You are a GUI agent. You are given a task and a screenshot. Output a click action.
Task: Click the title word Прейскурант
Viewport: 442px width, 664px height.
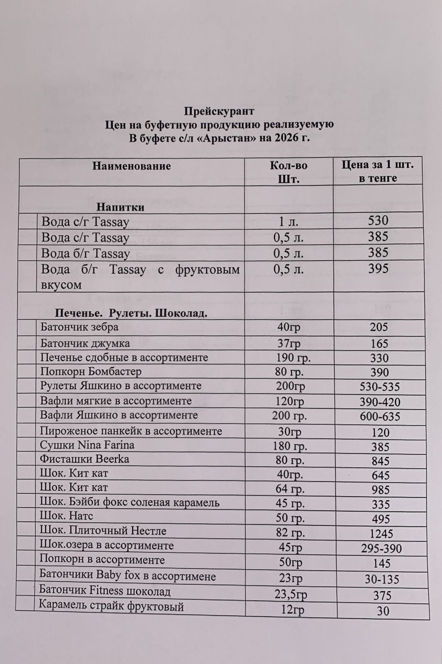[219, 111]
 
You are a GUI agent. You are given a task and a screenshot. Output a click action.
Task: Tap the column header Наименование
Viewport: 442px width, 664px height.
[131, 166]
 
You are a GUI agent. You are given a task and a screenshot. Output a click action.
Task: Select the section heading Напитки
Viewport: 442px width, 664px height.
[121, 207]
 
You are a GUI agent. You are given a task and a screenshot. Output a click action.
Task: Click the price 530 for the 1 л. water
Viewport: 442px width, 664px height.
[378, 221]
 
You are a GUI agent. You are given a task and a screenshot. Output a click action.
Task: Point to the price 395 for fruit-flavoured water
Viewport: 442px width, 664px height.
[378, 269]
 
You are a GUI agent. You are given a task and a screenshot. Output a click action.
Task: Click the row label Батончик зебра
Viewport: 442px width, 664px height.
[79, 327]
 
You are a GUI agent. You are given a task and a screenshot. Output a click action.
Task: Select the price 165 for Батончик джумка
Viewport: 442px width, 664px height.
[379, 343]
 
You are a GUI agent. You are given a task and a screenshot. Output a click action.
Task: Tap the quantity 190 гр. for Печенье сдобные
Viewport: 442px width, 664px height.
[293, 358]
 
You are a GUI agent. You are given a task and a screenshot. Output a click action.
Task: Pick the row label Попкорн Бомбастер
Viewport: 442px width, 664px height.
[91, 371]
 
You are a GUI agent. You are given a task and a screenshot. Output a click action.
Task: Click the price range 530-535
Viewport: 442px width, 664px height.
[379, 387]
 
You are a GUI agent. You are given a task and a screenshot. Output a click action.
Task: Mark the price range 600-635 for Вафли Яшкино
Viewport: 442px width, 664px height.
[380, 416]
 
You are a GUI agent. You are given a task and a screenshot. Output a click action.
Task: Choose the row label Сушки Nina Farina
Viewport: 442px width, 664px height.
[87, 445]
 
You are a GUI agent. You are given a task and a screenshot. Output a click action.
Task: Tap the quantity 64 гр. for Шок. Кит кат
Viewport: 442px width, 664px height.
[290, 489]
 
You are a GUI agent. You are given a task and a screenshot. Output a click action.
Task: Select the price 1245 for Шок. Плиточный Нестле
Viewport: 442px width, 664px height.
[381, 534]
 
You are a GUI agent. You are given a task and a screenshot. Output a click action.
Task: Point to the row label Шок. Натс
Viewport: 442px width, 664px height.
[66, 516]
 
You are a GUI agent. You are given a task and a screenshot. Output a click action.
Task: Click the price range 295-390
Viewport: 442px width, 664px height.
[381, 549]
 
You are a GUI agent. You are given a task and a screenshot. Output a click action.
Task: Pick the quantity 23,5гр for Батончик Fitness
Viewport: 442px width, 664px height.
[291, 594]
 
